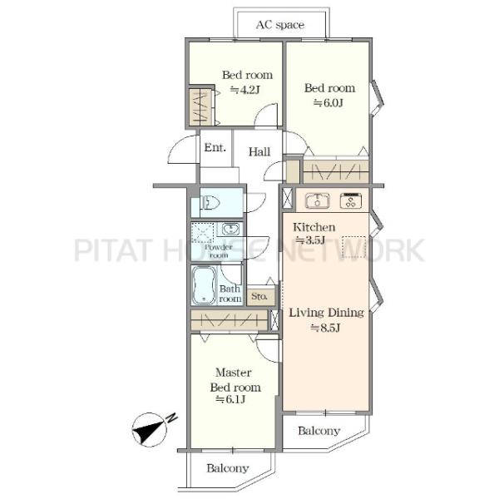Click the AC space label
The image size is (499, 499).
click(x=280, y=25)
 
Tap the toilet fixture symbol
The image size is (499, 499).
click(x=210, y=202)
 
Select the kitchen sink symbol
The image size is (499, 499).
click(x=318, y=200)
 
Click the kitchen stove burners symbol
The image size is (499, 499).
click(x=351, y=200)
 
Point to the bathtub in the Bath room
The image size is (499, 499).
click(x=204, y=285)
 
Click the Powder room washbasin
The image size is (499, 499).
click(x=230, y=229)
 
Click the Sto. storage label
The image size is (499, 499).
click(x=259, y=296)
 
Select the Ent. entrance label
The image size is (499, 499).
click(x=215, y=147)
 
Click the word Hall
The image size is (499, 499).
click(x=259, y=152)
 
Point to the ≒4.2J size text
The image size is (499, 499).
click(x=245, y=90)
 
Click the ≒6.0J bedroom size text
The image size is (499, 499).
click(x=329, y=103)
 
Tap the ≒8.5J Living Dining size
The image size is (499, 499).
click(x=325, y=328)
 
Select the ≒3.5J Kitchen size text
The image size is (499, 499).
click(x=310, y=240)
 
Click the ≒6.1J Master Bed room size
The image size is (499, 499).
click(x=230, y=399)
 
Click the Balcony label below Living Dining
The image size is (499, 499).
click(x=319, y=431)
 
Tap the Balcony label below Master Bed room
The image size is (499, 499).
click(x=228, y=468)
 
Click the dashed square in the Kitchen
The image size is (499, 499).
click(x=354, y=247)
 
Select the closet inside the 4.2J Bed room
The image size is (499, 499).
click(x=200, y=107)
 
